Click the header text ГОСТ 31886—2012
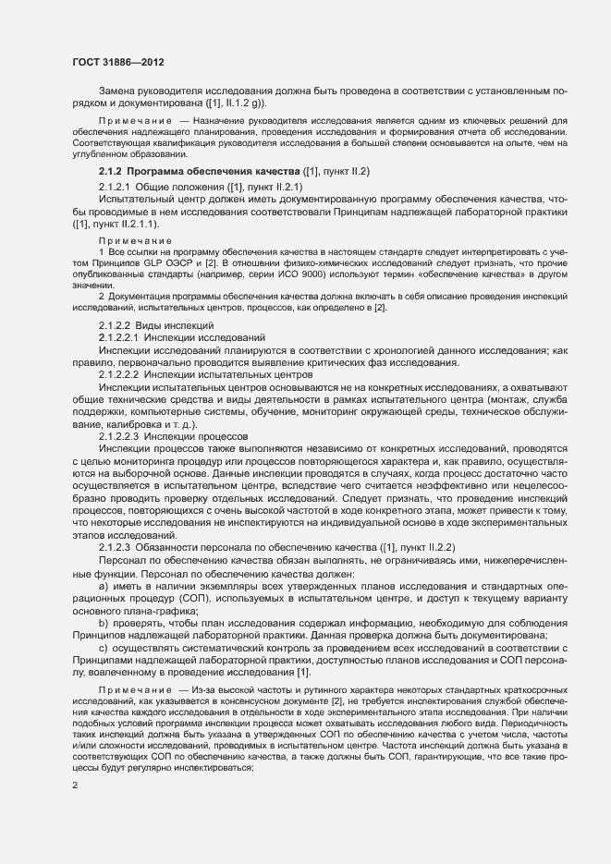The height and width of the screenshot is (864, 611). point(118,62)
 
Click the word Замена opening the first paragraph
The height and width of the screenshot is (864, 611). point(119,91)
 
